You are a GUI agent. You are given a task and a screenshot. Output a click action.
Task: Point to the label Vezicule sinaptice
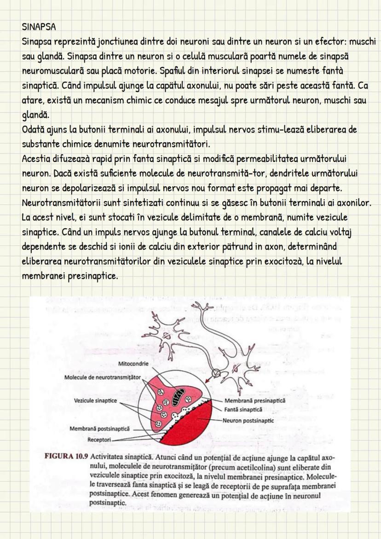(95, 400)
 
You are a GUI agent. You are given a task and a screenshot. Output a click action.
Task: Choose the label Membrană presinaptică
(254, 401)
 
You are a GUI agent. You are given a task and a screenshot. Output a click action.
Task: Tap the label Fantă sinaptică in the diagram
(243, 409)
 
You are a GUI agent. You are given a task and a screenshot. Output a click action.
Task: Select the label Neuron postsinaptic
(248, 420)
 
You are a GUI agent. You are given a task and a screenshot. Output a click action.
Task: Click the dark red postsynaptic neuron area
(193, 428)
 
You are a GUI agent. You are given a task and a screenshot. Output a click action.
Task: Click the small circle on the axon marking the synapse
(217, 372)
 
